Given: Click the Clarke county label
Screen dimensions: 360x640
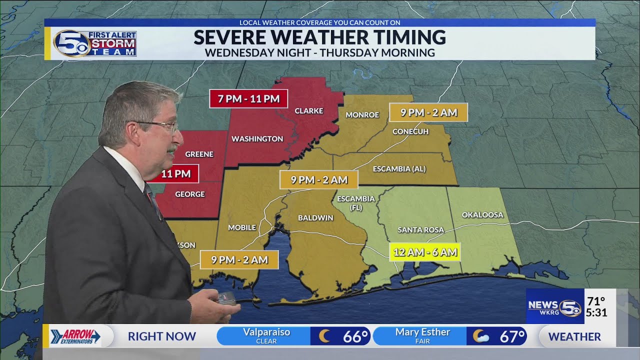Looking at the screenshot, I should pos(308,111).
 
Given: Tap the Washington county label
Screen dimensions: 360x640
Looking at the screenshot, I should pos(257,139).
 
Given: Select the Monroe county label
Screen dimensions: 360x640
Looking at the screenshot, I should pos(362,115).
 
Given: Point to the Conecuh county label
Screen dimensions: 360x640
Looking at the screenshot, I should pos(410,131).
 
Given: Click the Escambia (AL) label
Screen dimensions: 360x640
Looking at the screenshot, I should pos(399,169).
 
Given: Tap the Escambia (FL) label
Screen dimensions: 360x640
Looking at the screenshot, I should pos(355,202).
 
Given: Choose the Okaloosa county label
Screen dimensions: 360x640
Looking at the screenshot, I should pos(482,215).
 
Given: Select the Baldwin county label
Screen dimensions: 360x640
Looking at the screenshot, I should pos(315,218).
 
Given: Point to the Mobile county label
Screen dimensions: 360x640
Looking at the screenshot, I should pos(242,227).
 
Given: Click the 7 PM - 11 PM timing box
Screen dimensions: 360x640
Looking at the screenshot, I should pos(248,98).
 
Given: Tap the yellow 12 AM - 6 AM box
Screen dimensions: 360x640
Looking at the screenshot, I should pos(424,252).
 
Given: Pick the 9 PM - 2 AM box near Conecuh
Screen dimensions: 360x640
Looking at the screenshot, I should pos(428,112).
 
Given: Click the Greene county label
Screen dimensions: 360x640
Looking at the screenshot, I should pos(199,154).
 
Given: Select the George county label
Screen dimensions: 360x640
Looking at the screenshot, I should pos(190,194).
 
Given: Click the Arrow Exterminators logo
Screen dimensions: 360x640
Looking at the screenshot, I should pos(75,336).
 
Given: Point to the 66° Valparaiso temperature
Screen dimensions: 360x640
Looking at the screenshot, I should pos(355,336).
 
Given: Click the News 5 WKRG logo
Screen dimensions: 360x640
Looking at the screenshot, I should pos(554,306).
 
